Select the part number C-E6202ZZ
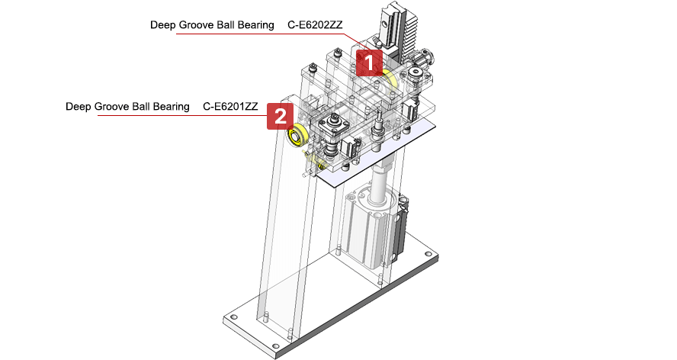[x=315, y=25]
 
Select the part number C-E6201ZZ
[x=230, y=107]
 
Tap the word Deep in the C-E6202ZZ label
[x=163, y=25]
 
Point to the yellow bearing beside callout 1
[x=390, y=79]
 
